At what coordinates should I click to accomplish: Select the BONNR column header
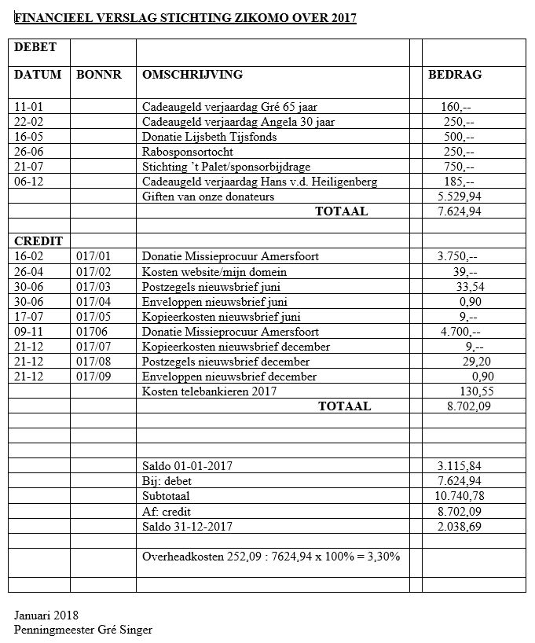[99, 75]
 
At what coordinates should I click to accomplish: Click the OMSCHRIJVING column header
[192, 75]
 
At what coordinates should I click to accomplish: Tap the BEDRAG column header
[455, 75]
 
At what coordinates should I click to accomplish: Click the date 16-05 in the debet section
[29, 137]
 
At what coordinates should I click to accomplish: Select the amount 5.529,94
[460, 197]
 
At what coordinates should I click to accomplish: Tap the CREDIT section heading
[38, 241]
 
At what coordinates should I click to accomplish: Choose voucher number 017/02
[94, 271]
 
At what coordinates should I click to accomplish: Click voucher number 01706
[93, 331]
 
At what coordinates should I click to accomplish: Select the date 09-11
[29, 331]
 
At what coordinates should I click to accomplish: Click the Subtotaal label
[166, 496]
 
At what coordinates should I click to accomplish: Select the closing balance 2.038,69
[460, 526]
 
